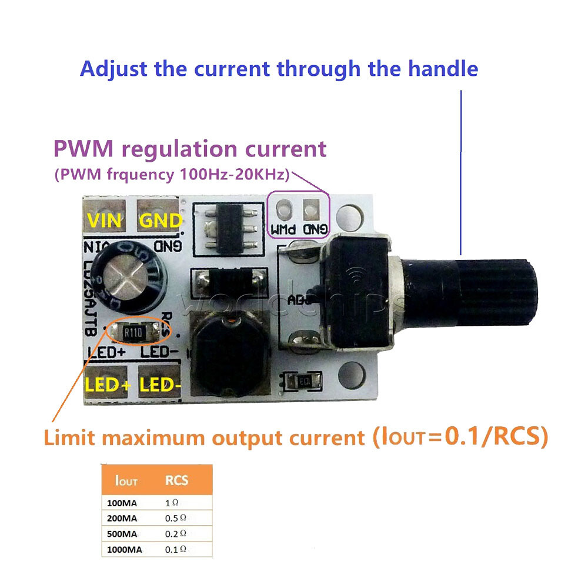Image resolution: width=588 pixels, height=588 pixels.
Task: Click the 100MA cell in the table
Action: coord(122,503)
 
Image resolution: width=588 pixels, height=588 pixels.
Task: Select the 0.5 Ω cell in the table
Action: coord(176,519)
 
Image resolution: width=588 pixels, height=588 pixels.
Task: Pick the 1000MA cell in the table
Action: coord(125,549)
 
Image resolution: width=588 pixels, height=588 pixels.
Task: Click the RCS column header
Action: coord(176,480)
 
